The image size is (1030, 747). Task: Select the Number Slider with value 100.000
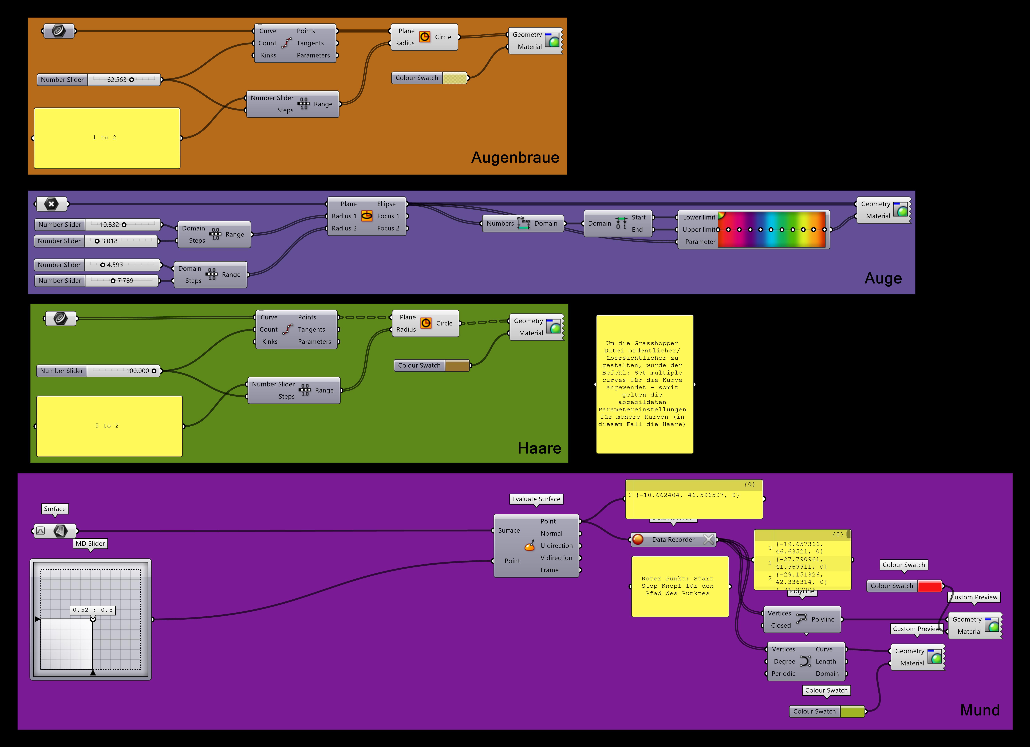[x=98, y=371]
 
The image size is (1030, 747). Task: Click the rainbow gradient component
[x=771, y=229]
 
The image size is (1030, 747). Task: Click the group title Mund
[x=980, y=710]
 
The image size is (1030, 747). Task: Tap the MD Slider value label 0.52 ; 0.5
[x=93, y=610]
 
